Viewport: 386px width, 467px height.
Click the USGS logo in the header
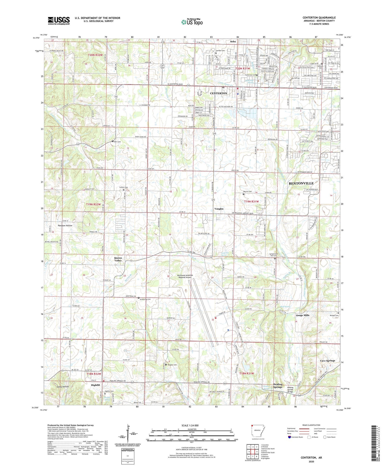(59, 21)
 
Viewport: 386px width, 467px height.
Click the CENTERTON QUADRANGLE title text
(319, 18)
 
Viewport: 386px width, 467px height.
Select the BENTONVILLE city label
(301, 183)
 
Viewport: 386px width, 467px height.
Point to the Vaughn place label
(219, 209)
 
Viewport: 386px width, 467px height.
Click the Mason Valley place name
(118, 259)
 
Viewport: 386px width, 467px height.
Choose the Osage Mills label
(303, 315)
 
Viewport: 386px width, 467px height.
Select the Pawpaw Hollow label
(65, 225)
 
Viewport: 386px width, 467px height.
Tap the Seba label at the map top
(233, 41)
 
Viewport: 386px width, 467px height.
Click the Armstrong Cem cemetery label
(145, 299)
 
